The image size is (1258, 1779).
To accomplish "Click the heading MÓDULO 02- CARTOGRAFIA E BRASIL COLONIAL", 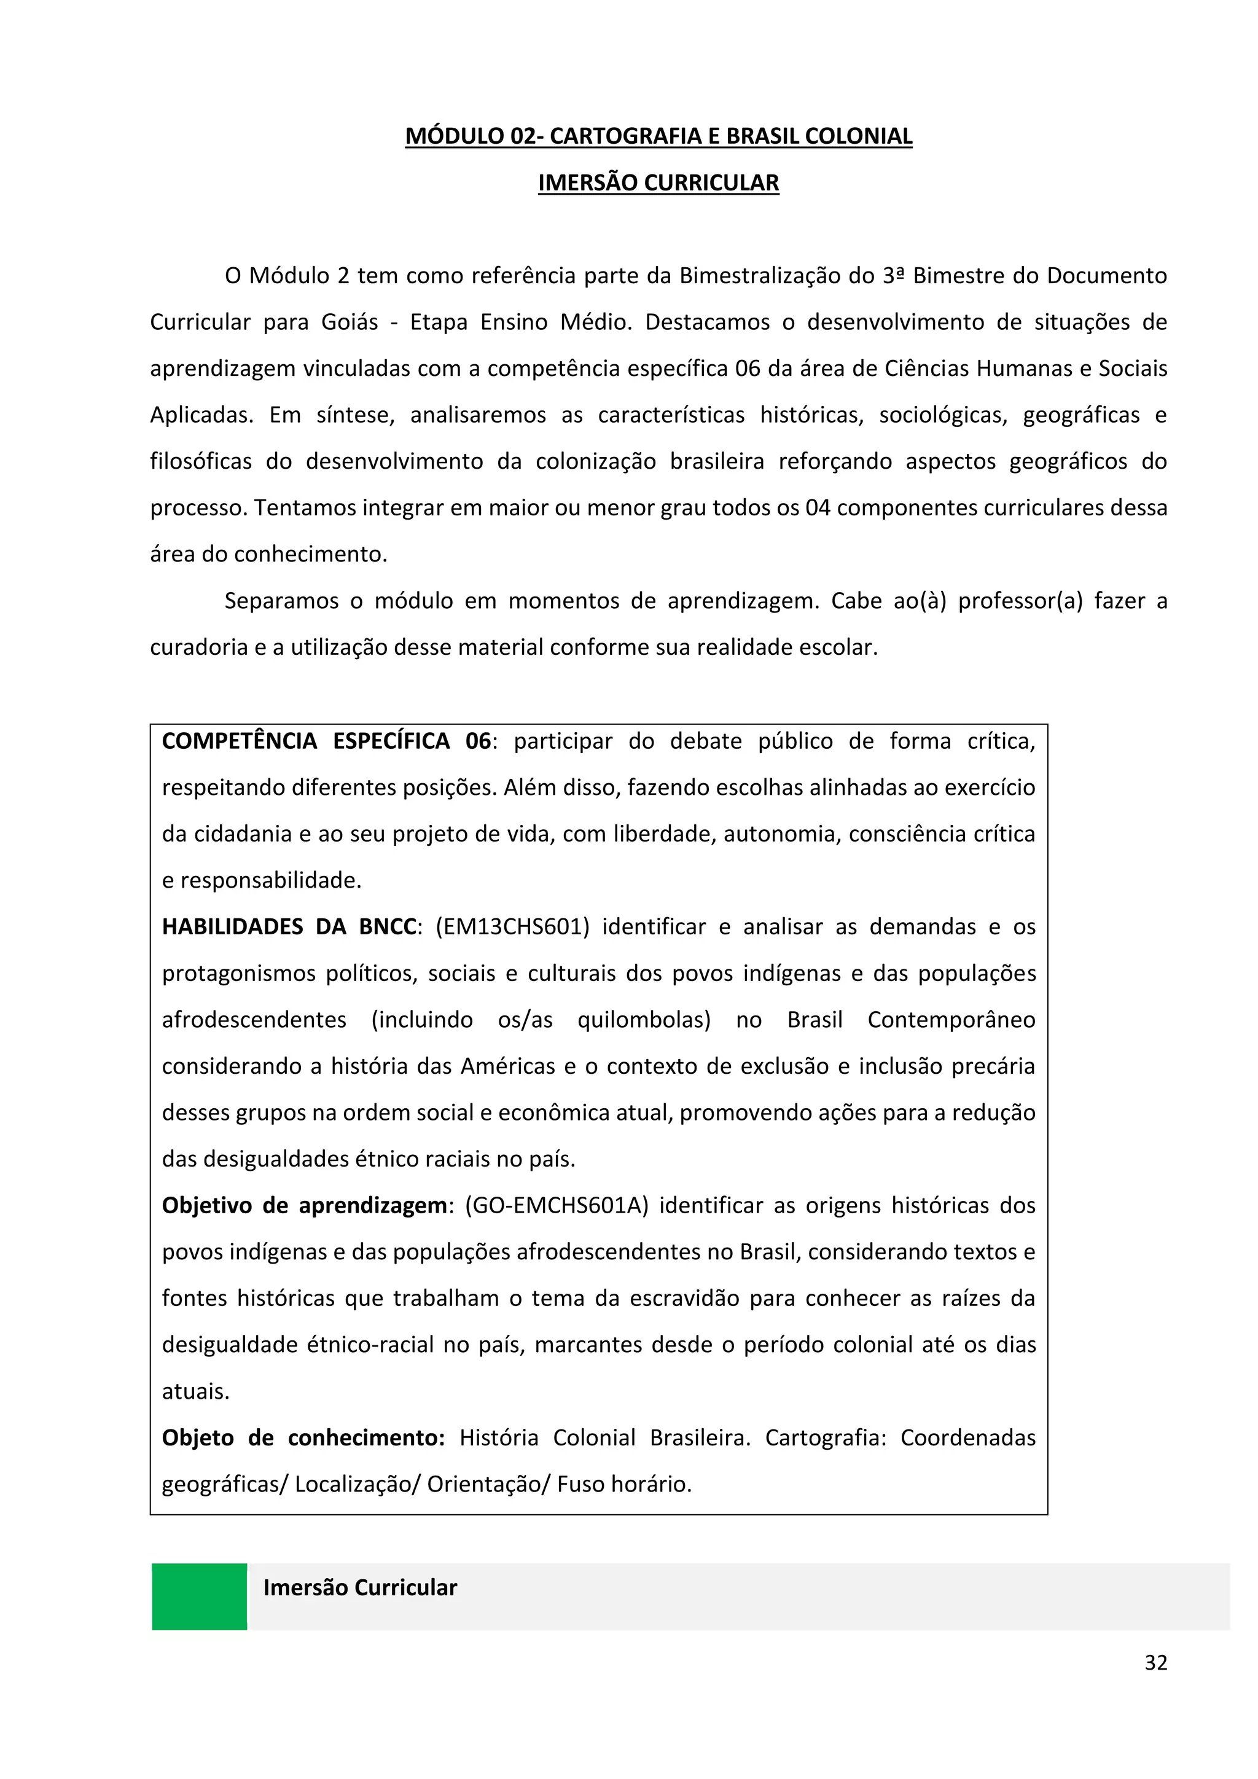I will coord(658,136).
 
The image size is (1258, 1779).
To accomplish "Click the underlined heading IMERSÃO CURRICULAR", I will coord(658,183).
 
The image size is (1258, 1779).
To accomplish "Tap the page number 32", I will coord(1155,1663).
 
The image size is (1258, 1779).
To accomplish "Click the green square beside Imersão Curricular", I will coord(199,1596).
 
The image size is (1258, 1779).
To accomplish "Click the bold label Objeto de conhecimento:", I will coord(303,1438).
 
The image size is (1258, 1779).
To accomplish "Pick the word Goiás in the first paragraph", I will coord(350,323).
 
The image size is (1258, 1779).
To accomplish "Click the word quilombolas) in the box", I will coord(644,1020).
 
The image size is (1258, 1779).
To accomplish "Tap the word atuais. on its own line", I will coord(195,1391).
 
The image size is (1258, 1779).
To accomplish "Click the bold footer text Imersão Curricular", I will coord(360,1587).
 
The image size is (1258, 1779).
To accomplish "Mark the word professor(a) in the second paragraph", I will coord(1020,601).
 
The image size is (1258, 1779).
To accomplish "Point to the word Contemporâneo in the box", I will coord(950,1020).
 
